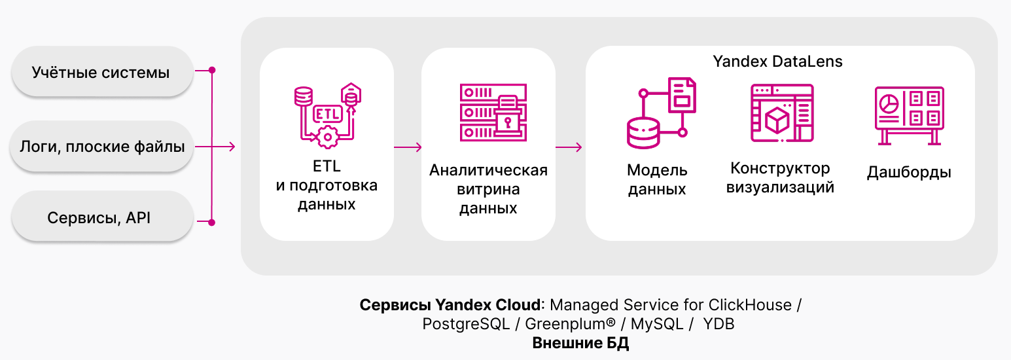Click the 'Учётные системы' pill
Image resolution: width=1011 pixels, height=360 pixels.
point(101,71)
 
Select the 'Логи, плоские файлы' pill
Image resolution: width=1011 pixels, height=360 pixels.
point(101,146)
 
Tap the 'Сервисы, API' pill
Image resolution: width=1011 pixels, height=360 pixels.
point(101,218)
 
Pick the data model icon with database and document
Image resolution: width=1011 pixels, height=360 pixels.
point(658,113)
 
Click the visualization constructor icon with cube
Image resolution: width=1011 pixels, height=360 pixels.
point(781,113)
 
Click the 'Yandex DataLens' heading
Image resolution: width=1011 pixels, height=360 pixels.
point(777,62)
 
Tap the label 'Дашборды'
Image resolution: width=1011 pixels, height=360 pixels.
point(909,173)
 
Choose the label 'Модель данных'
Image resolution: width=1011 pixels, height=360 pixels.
point(657,180)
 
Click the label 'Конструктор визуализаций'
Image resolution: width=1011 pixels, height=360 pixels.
point(780,178)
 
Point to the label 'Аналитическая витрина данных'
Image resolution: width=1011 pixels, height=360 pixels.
point(488,190)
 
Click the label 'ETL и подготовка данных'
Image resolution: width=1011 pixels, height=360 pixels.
point(327,185)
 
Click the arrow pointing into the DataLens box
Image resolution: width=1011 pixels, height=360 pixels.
point(569,147)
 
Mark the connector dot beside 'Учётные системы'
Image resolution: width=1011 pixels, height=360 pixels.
point(211,69)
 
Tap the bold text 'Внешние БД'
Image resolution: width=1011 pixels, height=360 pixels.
point(580,343)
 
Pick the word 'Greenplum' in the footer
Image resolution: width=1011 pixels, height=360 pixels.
point(566,324)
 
